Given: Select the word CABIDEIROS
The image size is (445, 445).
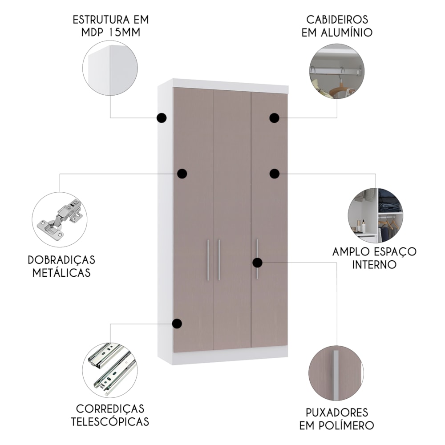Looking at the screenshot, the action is pos(337,20).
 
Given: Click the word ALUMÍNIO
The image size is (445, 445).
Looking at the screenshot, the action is pos(347,32).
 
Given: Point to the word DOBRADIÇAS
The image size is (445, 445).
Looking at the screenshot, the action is pos(61,260).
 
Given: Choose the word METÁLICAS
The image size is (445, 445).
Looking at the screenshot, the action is pos(61,273).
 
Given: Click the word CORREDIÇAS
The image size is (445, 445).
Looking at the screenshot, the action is pos(110,409).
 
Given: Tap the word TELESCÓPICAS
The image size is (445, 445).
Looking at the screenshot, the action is pos(110,421).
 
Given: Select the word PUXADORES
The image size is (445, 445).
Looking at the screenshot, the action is pos(337,413).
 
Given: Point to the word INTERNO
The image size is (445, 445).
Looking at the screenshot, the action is pos(374,264).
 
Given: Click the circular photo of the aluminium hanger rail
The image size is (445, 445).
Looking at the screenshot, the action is pos(337,71).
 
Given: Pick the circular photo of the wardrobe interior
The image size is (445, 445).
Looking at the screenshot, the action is pos(376,215).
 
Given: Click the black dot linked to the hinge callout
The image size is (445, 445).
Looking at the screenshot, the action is pos(182,174).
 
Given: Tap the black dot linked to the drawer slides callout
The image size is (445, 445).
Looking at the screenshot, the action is pos(177,324).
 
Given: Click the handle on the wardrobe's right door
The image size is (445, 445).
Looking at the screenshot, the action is pos(257,259).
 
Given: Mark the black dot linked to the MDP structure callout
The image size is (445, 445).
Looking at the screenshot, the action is pos(162,118).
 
